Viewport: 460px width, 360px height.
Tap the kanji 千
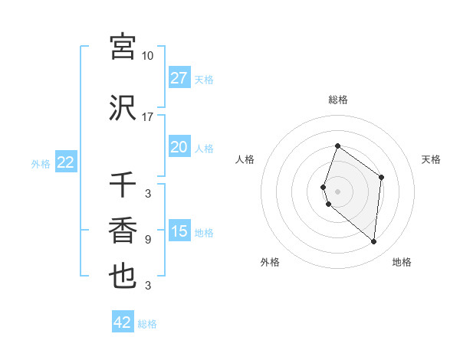pyautogui.click(x=123, y=185)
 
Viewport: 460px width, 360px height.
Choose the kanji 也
pyautogui.click(x=123, y=276)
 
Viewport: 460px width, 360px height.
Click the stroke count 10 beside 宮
pyautogui.click(x=148, y=56)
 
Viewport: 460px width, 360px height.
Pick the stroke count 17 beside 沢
pyautogui.click(x=148, y=117)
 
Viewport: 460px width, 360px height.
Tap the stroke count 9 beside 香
pyautogui.click(x=148, y=240)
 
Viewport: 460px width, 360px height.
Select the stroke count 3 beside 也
pyautogui.click(x=148, y=286)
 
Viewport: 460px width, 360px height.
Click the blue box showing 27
pyautogui.click(x=179, y=78)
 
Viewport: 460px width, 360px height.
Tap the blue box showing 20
pyautogui.click(x=179, y=147)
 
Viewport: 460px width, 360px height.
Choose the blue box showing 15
pyautogui.click(x=179, y=231)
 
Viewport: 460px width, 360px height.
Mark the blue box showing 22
pyautogui.click(x=65, y=162)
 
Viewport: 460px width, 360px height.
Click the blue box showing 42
pyautogui.click(x=123, y=322)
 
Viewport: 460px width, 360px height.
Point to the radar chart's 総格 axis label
pyautogui.click(x=338, y=100)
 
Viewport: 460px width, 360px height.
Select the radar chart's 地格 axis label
pyautogui.click(x=402, y=262)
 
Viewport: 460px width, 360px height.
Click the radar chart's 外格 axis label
pyautogui.click(x=270, y=262)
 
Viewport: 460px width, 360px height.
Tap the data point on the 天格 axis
pyautogui.click(x=381, y=177)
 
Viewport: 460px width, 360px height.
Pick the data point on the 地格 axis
pyautogui.click(x=373, y=242)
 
